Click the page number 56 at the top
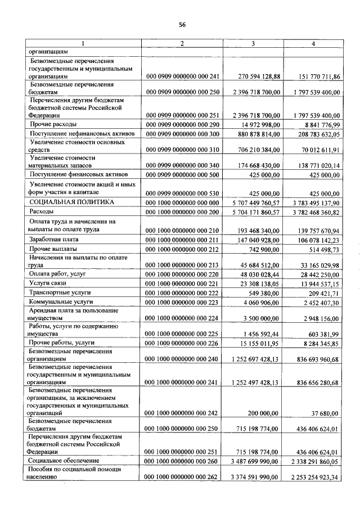(x=182, y=25)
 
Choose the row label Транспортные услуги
(x=60, y=293)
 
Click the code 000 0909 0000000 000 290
(x=182, y=124)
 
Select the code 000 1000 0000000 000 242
(x=182, y=413)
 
